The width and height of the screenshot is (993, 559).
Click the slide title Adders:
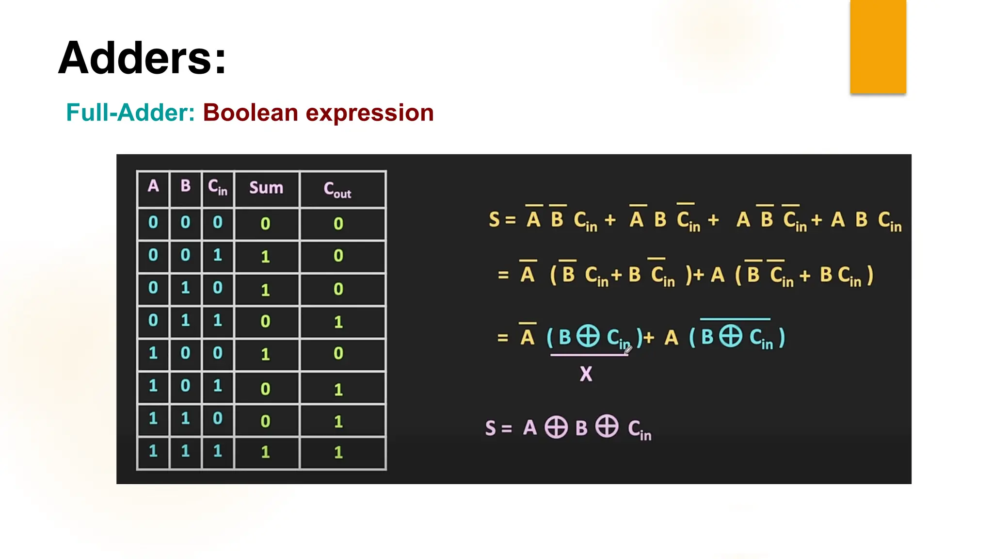(142, 58)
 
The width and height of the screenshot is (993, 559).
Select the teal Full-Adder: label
(130, 113)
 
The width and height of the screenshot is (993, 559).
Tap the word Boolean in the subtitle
(250, 113)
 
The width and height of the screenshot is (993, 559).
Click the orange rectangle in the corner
(878, 47)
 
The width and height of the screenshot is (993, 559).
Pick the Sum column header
(266, 188)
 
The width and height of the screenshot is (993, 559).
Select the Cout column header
(337, 189)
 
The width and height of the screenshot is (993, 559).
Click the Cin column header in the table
(217, 187)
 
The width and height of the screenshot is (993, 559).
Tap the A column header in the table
(153, 186)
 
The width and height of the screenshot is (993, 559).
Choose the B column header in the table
(185, 186)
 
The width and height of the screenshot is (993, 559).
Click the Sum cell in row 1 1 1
(265, 452)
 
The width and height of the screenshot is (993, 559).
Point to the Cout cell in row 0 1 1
(338, 322)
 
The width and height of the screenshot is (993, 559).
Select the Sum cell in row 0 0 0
(265, 224)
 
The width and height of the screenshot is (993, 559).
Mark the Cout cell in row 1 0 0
(338, 353)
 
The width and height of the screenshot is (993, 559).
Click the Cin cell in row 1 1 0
(217, 419)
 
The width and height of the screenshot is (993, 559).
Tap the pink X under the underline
(586, 374)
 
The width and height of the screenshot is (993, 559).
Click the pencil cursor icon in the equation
(628, 349)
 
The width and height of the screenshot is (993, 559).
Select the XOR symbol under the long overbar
(730, 336)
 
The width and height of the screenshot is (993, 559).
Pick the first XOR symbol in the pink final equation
(556, 427)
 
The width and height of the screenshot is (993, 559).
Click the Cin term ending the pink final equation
(640, 430)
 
